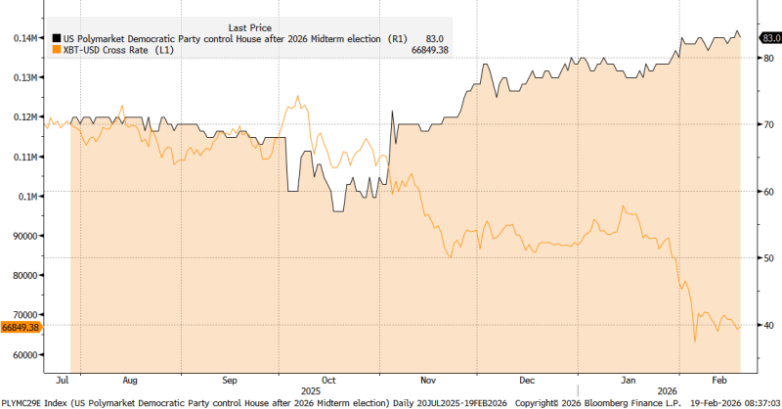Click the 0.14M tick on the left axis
(24, 37)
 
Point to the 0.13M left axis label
(24, 77)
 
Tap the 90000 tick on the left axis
(22, 236)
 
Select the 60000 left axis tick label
(22, 355)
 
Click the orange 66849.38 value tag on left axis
(20, 328)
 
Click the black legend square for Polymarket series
(57, 37)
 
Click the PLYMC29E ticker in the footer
(23, 402)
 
